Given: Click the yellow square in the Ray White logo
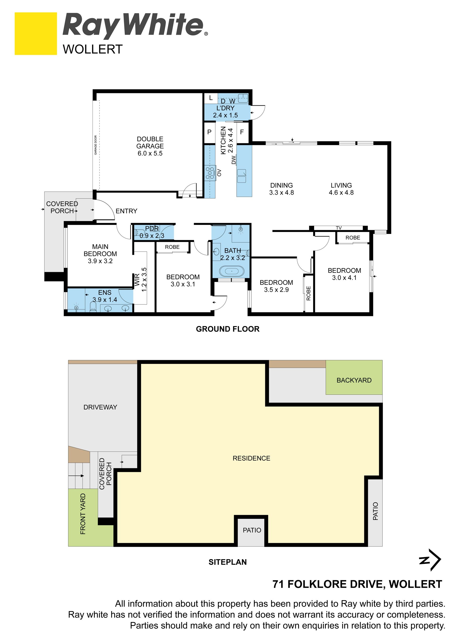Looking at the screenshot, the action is (x=36, y=34).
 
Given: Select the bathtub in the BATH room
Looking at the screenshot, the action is (x=231, y=271).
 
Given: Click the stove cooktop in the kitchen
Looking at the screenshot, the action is (x=210, y=173).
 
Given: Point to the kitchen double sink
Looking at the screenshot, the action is (x=242, y=176).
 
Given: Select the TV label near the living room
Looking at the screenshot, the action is (x=339, y=228).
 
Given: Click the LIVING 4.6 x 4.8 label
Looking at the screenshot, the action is (x=341, y=189).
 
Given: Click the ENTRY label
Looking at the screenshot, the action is (x=126, y=211).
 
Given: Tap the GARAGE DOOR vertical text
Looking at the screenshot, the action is (x=96, y=145).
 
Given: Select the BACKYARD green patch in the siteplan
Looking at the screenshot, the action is (x=354, y=377).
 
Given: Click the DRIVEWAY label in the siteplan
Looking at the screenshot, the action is (x=100, y=407).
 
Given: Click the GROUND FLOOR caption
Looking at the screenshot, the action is (x=228, y=329).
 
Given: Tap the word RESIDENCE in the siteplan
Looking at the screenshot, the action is (x=252, y=458).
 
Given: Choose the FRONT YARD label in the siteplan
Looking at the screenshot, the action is (x=83, y=514).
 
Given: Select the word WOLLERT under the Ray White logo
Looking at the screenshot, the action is (x=93, y=49).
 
